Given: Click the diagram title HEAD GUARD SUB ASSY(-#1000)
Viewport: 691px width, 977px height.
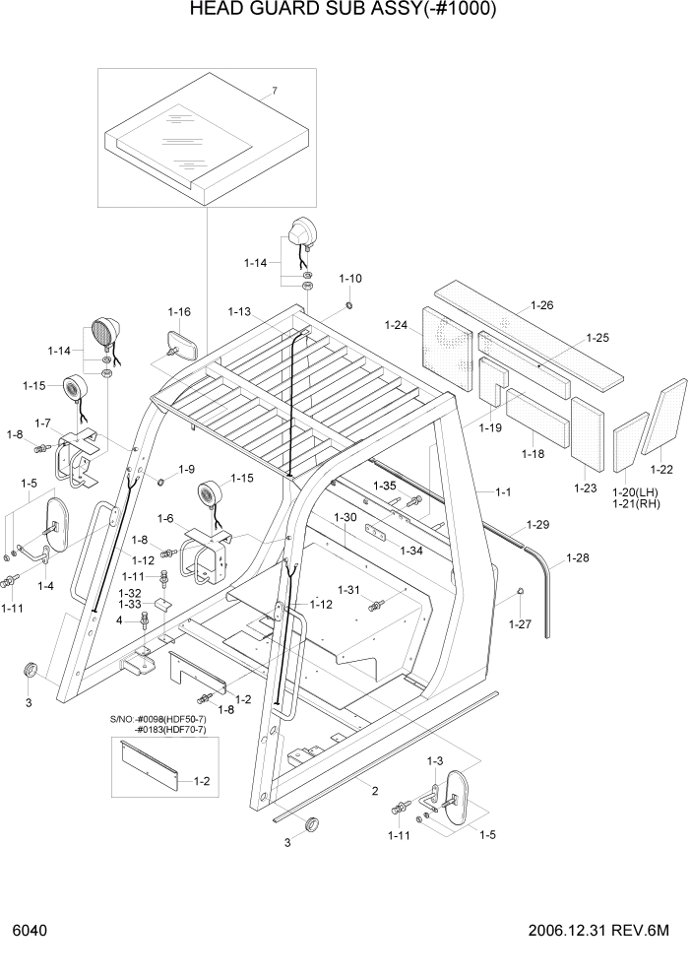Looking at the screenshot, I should click(345, 11).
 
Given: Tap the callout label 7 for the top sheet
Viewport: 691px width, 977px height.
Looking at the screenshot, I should click(275, 91).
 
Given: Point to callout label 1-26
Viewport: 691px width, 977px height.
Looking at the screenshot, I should click(541, 305).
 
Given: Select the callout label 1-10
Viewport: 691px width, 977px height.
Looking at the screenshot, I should click(350, 278).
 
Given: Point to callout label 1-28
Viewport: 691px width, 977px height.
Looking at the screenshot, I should click(577, 558).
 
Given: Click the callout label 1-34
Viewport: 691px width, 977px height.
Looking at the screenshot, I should click(410, 551).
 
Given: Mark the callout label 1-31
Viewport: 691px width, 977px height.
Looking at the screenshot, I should click(350, 589).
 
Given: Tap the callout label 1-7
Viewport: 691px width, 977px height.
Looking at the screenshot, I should click(42, 423).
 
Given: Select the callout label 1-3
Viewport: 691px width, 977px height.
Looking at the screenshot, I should click(434, 761).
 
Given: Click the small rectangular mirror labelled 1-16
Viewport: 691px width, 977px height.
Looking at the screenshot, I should click(183, 347).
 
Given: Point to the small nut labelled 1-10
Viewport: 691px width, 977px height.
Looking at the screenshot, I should click(349, 303).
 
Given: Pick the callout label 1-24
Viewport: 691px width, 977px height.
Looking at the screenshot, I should click(396, 325).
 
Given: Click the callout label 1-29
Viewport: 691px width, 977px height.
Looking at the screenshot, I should click(537, 524).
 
